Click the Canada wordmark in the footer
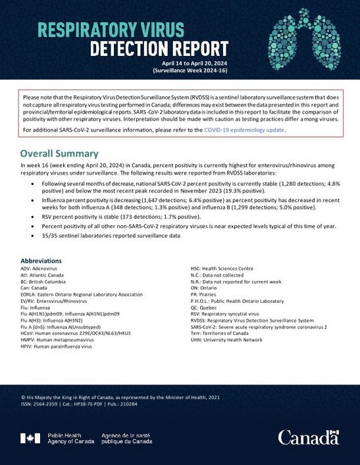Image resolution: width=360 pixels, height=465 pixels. pyautogui.click(x=307, y=437)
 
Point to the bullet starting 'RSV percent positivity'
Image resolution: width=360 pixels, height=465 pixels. pyautogui.click(x=128, y=216)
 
